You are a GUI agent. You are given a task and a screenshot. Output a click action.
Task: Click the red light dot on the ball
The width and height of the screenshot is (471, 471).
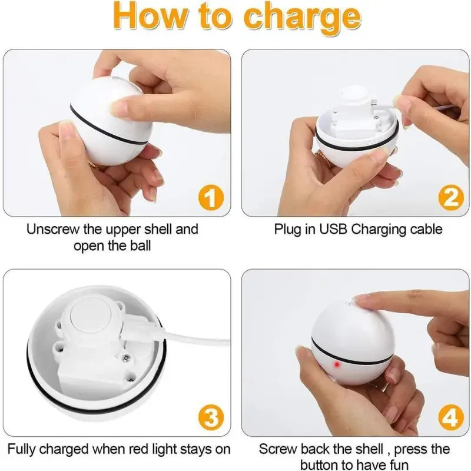pos(337,365)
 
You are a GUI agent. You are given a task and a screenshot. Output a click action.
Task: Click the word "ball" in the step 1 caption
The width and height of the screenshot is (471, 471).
pos(138,245)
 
